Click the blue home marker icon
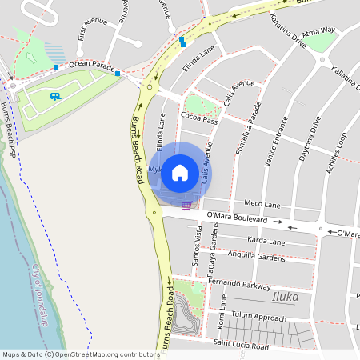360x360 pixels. (x=180, y=172)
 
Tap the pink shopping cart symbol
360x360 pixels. (x=186, y=206)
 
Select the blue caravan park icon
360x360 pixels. (x=54, y=97)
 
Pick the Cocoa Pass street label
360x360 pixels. (x=199, y=119)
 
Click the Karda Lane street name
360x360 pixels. (x=266, y=240)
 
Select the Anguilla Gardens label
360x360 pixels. (x=256, y=257)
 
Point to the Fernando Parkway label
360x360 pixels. (x=239, y=283)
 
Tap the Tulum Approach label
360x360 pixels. (x=258, y=317)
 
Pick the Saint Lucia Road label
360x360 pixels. (x=241, y=346)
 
